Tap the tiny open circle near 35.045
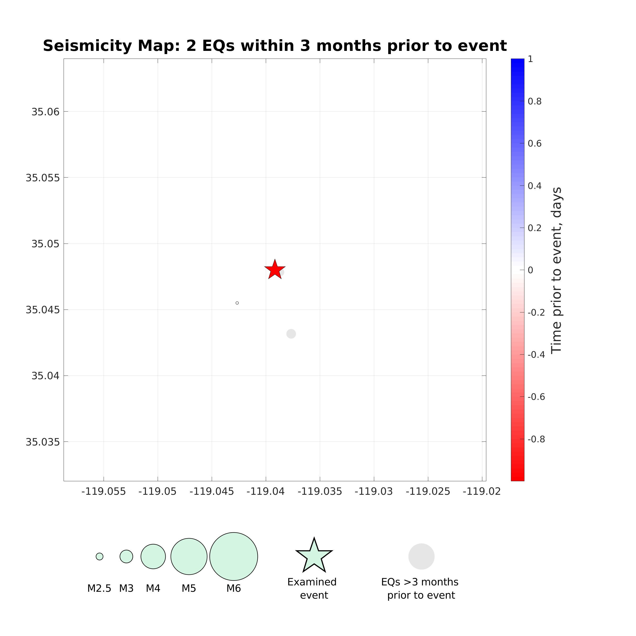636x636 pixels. click(x=237, y=303)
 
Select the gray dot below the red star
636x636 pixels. click(x=291, y=334)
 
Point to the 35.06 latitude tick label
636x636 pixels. click(x=45, y=112)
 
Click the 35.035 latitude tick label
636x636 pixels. click(x=43, y=442)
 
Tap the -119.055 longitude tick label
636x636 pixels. click(x=103, y=492)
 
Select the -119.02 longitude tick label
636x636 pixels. click(x=482, y=492)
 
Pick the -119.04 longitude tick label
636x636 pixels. click(x=265, y=492)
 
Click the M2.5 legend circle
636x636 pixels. click(x=99, y=556)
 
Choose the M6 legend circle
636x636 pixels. click(x=233, y=556)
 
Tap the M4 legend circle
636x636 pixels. click(x=153, y=556)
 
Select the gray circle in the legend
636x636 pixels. click(x=421, y=556)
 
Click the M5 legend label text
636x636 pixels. click(x=189, y=588)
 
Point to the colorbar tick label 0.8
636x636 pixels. click(x=534, y=101)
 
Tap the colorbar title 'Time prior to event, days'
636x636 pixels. click(x=556, y=270)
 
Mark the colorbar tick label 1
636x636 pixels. click(x=530, y=59)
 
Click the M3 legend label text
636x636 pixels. click(x=126, y=588)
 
